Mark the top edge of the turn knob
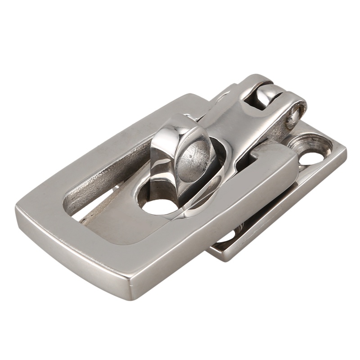(x=180, y=118)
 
